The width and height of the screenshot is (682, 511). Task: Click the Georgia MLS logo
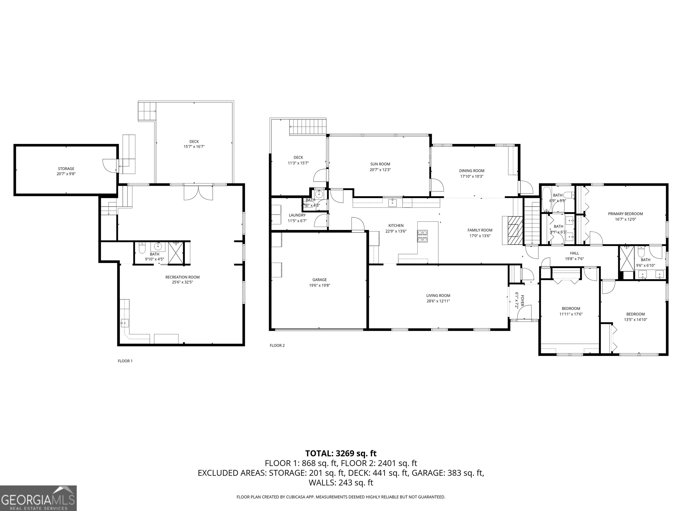38,498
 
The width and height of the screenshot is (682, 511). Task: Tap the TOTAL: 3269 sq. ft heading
341,453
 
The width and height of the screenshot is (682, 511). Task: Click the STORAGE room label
66,168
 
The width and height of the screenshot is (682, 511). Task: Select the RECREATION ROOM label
182,277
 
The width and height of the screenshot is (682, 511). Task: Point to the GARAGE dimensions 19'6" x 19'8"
319,285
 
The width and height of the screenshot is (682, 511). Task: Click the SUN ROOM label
380,164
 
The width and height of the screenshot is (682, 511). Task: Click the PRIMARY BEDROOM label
625,214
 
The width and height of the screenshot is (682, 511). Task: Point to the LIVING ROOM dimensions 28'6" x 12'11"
438,301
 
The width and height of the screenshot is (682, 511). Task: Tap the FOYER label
522,300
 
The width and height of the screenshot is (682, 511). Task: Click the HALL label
574,253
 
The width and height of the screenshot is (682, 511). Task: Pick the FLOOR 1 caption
125,361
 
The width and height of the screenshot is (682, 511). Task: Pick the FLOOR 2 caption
277,345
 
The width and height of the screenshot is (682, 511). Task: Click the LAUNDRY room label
297,215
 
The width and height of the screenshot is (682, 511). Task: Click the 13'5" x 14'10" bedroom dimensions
635,319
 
